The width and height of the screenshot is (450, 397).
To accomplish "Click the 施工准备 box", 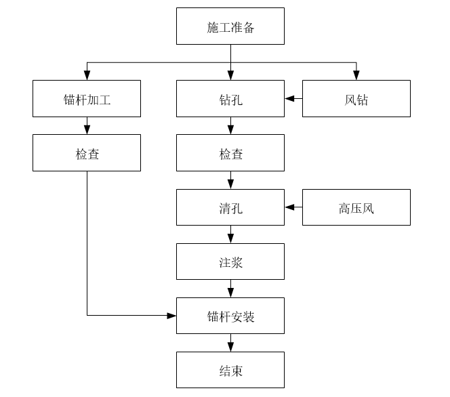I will [x=230, y=26].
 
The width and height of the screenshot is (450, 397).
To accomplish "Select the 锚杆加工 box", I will [x=87, y=99].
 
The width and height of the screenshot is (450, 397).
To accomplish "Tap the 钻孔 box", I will [x=230, y=99].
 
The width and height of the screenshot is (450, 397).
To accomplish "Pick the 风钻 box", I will [x=356, y=99].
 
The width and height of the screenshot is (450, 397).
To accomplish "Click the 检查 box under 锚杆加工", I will [x=87, y=153].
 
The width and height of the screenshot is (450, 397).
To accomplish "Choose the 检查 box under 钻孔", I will [x=230, y=153].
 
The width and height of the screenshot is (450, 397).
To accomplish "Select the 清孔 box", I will [x=230, y=207].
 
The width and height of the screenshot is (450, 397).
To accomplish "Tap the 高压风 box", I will [x=356, y=207].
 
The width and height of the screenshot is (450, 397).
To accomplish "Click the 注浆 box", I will [x=230, y=262].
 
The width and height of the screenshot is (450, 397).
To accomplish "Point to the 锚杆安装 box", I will [x=230, y=316].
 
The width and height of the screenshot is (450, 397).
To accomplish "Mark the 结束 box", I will [x=230, y=370].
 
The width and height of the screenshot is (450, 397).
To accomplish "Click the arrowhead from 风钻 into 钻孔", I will [x=289, y=99].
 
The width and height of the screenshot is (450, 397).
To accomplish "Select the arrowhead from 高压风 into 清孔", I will [x=289, y=207].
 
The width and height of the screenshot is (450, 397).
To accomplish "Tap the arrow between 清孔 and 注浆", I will [x=230, y=235].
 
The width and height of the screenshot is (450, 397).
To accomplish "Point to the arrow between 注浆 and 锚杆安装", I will [x=230, y=289].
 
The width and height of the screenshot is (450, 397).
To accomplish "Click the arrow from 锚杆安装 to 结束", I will [x=230, y=343].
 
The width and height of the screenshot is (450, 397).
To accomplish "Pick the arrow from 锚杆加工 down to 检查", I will [x=87, y=126].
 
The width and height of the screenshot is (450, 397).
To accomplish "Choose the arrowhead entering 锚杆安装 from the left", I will [x=171, y=316].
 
